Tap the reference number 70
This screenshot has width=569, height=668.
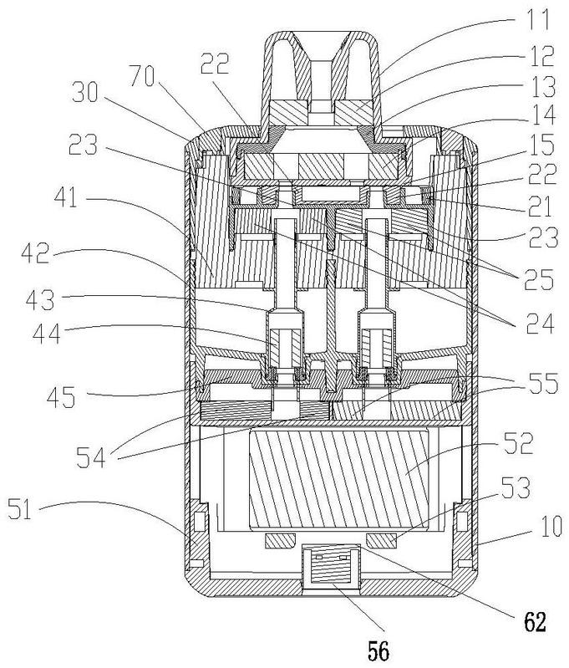click(143, 77)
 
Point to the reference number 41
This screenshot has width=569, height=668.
click(67, 197)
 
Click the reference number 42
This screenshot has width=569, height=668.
click(36, 255)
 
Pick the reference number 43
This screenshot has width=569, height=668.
click(40, 300)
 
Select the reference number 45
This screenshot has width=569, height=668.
click(61, 396)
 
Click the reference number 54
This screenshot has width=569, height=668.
click(91, 457)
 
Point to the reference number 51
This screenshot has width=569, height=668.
click(19, 509)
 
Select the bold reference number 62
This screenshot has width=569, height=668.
click(534, 621)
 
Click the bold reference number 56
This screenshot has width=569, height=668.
click(378, 650)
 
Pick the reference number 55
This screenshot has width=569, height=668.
click(542, 383)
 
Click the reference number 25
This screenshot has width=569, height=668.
click(539, 279)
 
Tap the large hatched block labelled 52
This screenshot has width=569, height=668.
click(338, 480)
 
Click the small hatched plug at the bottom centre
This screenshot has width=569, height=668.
click(331, 567)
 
